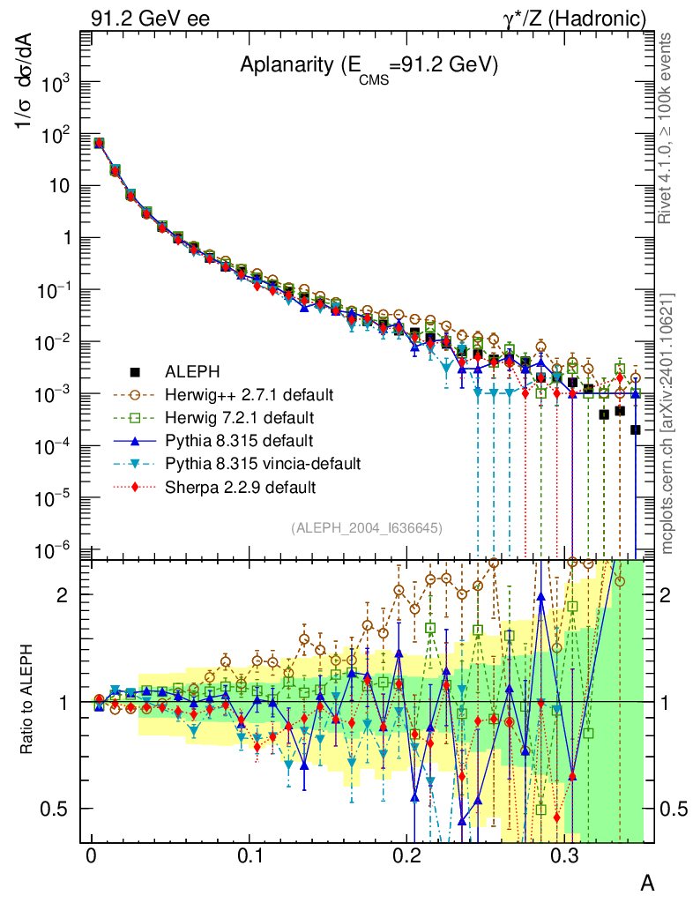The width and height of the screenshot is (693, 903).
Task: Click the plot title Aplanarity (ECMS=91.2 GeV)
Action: click(369, 67)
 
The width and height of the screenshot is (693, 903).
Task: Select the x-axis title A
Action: click(646, 883)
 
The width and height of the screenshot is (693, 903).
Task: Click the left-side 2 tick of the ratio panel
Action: click(64, 594)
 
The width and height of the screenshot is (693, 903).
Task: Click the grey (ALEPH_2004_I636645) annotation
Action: click(366, 527)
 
